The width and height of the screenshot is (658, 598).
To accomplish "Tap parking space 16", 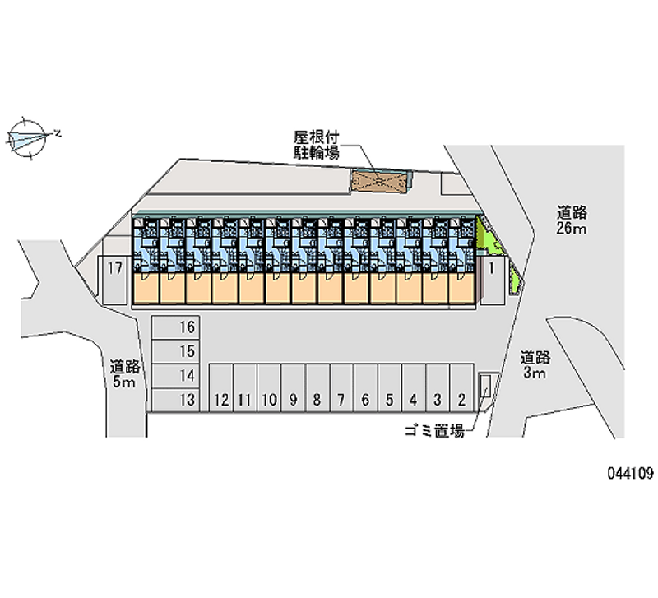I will click(x=175, y=327).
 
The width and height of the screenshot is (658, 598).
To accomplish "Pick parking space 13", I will click(x=175, y=400).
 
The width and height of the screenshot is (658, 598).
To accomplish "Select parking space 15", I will click(x=175, y=351).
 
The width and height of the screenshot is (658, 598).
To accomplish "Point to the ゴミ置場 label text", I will click(x=435, y=429).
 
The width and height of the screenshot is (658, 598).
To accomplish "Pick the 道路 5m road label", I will click(x=124, y=373).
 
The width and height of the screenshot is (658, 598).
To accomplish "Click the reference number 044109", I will click(x=629, y=473).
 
